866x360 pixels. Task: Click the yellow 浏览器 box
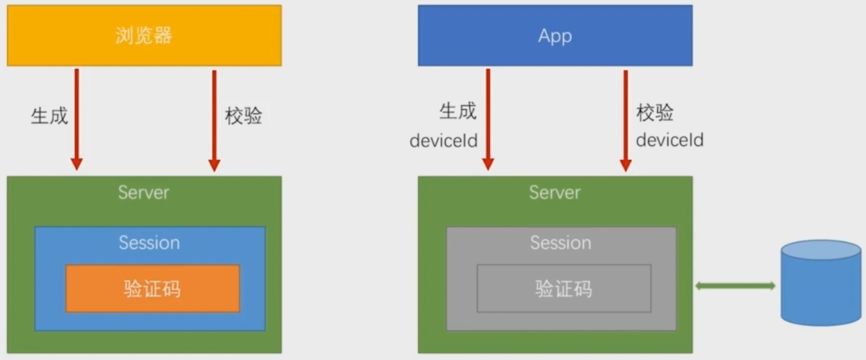[x=144, y=36]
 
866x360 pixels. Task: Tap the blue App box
[x=554, y=36]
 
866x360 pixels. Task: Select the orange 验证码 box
[x=152, y=289]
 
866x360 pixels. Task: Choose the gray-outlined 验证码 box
[x=564, y=289]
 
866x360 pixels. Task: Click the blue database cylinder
[x=820, y=283]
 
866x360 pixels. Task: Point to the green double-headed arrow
[x=735, y=286]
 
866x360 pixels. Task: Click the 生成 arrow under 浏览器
[x=77, y=118]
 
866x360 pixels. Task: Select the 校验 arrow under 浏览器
[x=214, y=118]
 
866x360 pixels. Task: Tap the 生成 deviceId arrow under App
[x=488, y=118]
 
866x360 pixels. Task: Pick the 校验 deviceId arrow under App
[x=625, y=118]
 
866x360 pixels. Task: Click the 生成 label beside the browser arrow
[x=49, y=116]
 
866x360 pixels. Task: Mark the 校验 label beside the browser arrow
[x=244, y=116]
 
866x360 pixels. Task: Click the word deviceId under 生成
[x=443, y=141]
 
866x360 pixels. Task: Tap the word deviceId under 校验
[x=670, y=140]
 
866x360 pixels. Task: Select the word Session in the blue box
[x=149, y=242]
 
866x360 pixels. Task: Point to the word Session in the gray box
[x=561, y=242]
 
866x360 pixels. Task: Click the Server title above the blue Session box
[x=143, y=192]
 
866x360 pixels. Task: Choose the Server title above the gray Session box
[x=554, y=192]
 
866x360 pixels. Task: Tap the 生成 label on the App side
[x=458, y=111]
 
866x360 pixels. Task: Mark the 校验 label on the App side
[x=655, y=112]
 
